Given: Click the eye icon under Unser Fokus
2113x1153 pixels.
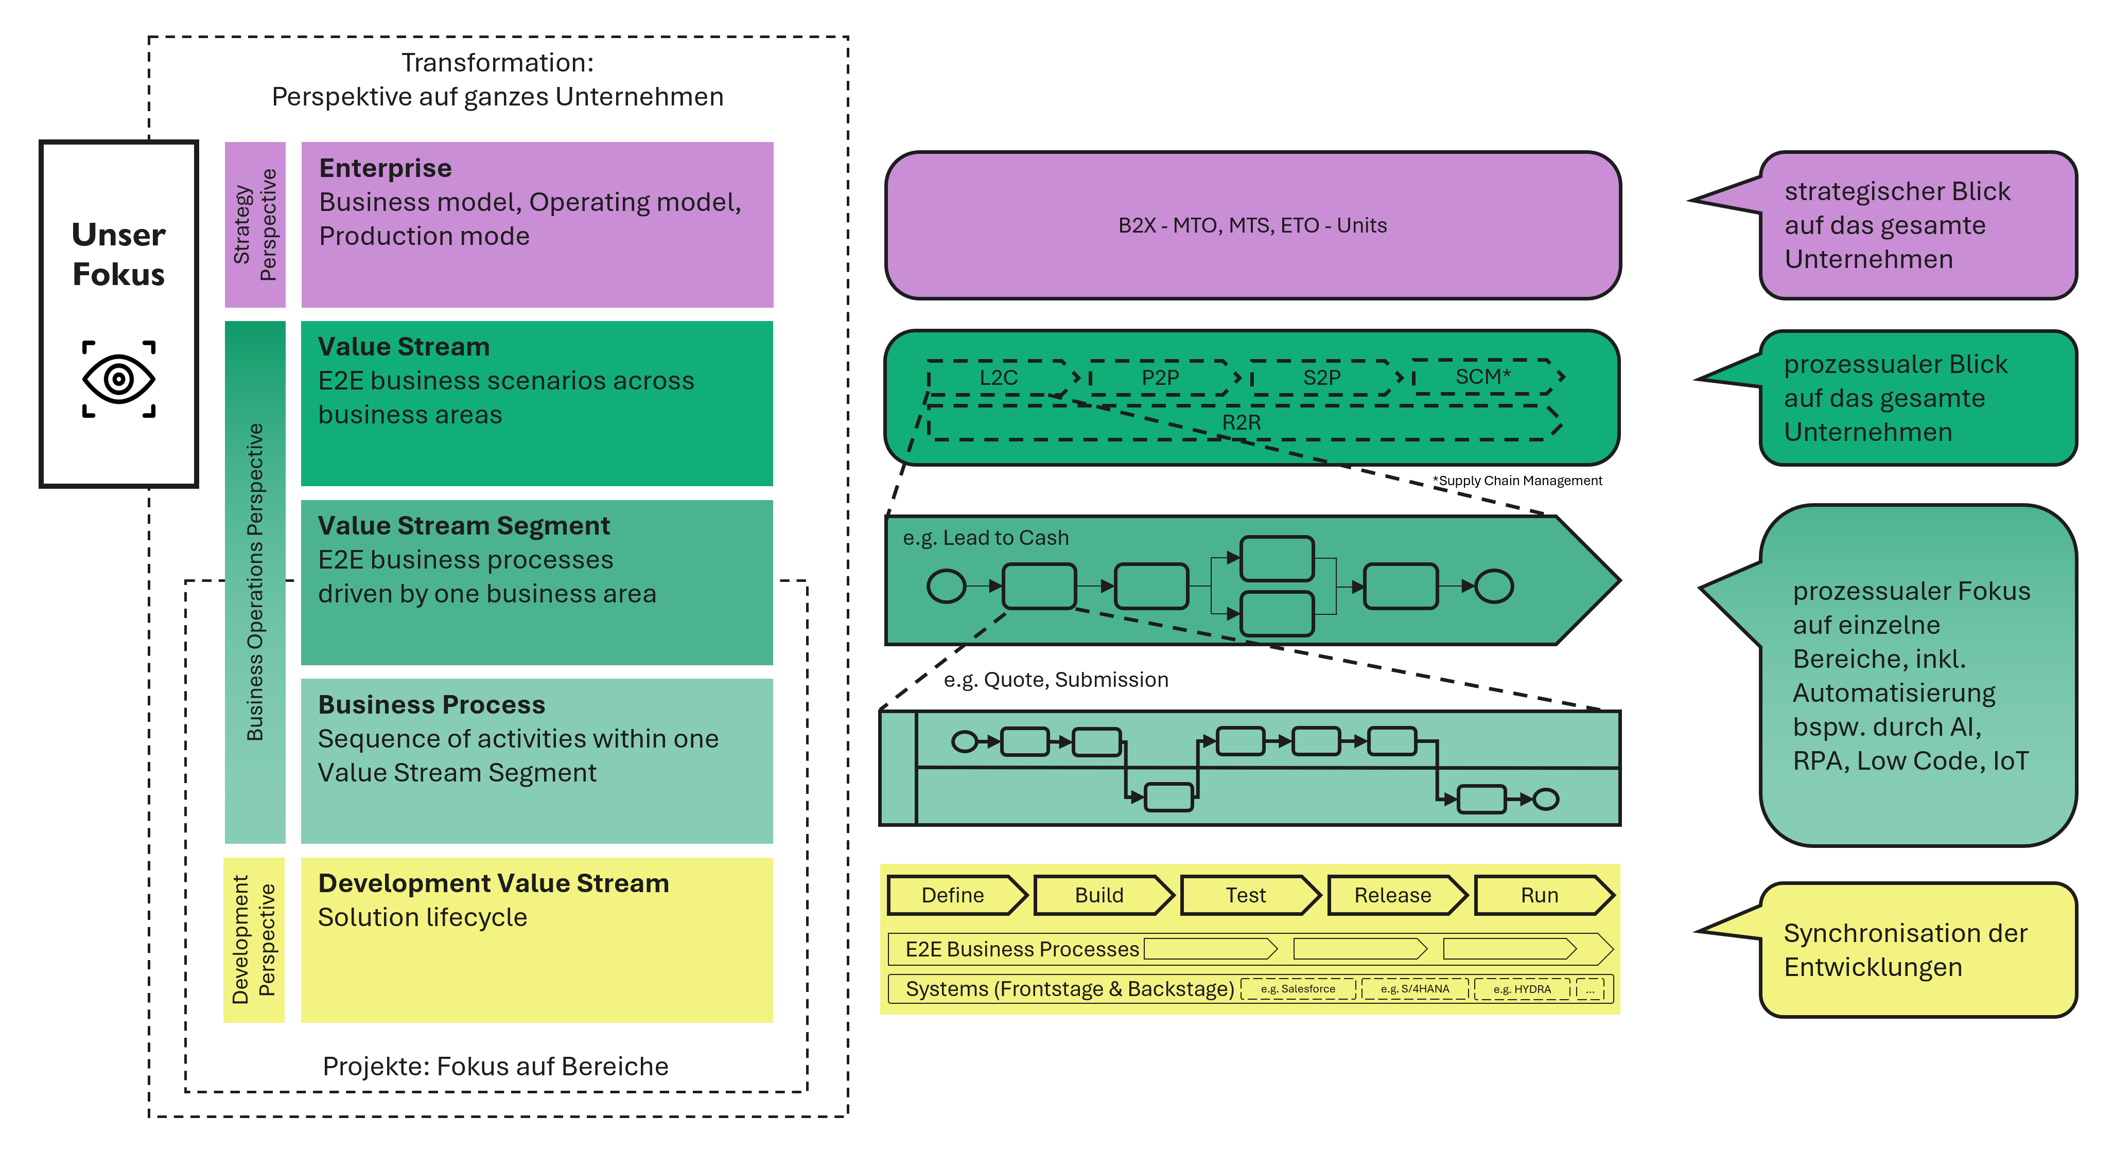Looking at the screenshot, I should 119,379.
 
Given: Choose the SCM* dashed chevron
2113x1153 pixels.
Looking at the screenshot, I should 1483,377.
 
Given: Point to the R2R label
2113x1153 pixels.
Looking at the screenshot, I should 1241,422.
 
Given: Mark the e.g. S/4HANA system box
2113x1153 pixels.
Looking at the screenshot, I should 1414,989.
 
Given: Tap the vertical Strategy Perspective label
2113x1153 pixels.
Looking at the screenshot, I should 255,225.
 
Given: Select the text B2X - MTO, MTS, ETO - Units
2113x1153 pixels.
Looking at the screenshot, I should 1252,225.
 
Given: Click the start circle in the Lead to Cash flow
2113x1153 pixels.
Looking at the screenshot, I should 946,587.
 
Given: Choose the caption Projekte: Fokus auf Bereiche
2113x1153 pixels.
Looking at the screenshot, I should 496,1066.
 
